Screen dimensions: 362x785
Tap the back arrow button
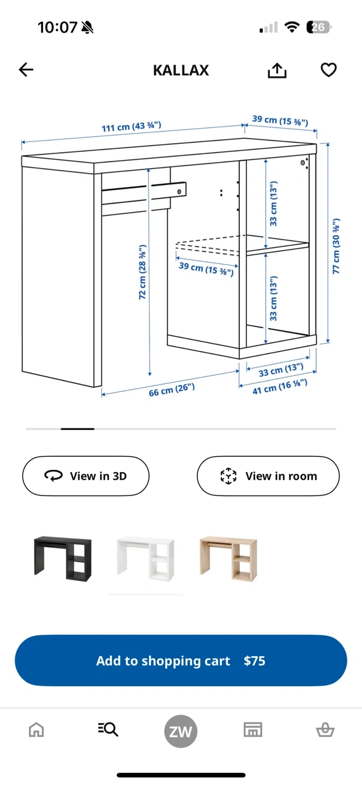coord(26,70)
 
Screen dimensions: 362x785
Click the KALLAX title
coord(181,70)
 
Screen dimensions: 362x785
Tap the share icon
coord(277,70)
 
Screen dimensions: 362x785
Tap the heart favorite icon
coord(329,70)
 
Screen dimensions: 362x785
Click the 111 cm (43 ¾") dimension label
coord(131,126)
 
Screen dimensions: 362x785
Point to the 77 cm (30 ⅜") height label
coord(336,246)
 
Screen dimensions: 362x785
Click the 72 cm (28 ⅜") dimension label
coord(142,272)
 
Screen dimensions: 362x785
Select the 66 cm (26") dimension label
coord(172,390)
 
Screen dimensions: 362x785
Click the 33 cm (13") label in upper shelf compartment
coord(273,203)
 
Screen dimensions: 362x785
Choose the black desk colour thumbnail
coord(63,559)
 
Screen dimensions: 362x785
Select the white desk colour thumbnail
coord(146,559)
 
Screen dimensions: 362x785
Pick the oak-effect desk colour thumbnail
coord(228,559)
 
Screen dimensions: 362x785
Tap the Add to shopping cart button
coord(181,660)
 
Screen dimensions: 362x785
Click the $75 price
coord(255,661)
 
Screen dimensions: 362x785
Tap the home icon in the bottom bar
coord(37,730)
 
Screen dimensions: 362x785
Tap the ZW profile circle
coord(181,731)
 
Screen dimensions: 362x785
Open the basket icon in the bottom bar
coord(325,730)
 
